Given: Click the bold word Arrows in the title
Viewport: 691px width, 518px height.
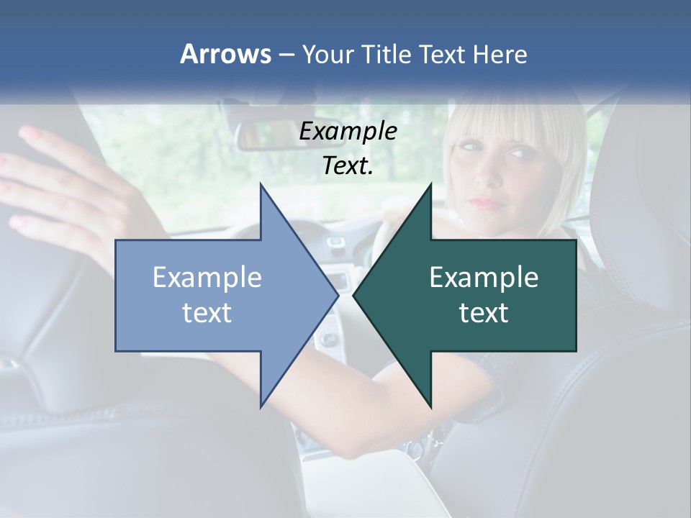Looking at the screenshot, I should click(x=226, y=54).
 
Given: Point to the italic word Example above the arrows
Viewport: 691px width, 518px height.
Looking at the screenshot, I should click(x=348, y=131).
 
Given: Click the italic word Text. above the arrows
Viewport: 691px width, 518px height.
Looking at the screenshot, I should click(x=348, y=165).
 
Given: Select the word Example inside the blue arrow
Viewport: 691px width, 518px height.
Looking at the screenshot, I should click(x=207, y=278).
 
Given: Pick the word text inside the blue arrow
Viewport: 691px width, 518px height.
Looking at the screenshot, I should click(x=207, y=312).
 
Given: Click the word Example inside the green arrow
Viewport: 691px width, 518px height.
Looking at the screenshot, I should click(x=484, y=278).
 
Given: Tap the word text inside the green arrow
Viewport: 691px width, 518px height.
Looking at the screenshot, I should click(x=484, y=312).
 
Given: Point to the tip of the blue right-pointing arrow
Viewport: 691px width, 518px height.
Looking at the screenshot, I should click(x=338, y=295).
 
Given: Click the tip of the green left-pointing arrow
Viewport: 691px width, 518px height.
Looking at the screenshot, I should click(x=354, y=295).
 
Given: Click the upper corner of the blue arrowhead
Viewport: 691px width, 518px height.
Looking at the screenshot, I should click(x=261, y=185).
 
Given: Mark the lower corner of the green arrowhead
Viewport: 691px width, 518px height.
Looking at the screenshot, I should click(x=431, y=407).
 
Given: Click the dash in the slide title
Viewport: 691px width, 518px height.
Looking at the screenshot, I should click(x=286, y=55).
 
